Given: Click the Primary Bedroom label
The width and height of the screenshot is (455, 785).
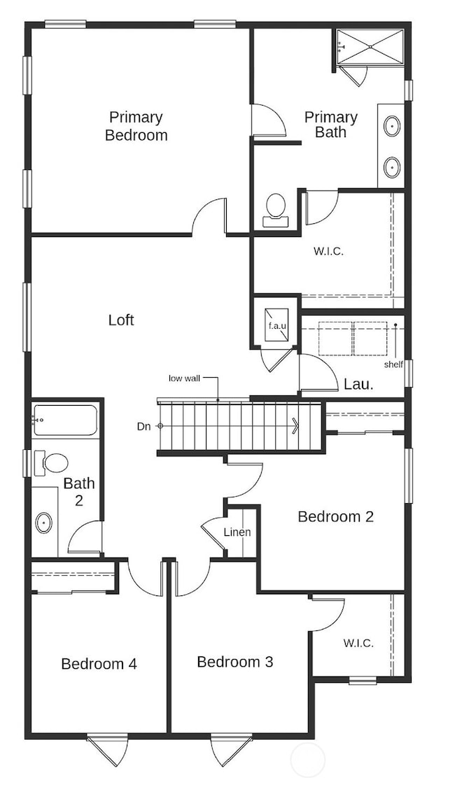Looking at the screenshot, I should (x=136, y=126).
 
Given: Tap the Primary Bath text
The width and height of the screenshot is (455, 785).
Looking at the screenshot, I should (x=330, y=125).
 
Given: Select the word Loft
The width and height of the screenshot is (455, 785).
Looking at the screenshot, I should (x=121, y=320).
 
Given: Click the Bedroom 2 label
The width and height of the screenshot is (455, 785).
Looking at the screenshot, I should (x=335, y=516).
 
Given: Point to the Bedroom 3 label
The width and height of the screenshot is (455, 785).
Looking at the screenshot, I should (x=234, y=661).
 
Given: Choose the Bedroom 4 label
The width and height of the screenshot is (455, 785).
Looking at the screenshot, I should (x=99, y=663).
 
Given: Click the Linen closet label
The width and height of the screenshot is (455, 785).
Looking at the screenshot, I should (x=237, y=532).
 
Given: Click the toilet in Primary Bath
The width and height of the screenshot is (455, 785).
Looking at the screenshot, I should (x=276, y=209).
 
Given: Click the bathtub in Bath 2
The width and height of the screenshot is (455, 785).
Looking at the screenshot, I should (x=64, y=420).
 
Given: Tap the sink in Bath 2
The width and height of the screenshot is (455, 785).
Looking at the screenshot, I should (x=43, y=522).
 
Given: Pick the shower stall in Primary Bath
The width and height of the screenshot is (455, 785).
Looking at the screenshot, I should (x=370, y=46).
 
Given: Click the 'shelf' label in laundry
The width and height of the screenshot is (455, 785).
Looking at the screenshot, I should (x=393, y=364).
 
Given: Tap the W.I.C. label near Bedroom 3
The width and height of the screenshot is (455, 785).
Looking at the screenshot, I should (x=358, y=642).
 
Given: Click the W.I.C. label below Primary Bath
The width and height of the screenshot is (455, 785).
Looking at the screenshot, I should (x=328, y=251).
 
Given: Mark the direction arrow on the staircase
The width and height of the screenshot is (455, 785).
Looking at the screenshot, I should (x=295, y=425).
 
